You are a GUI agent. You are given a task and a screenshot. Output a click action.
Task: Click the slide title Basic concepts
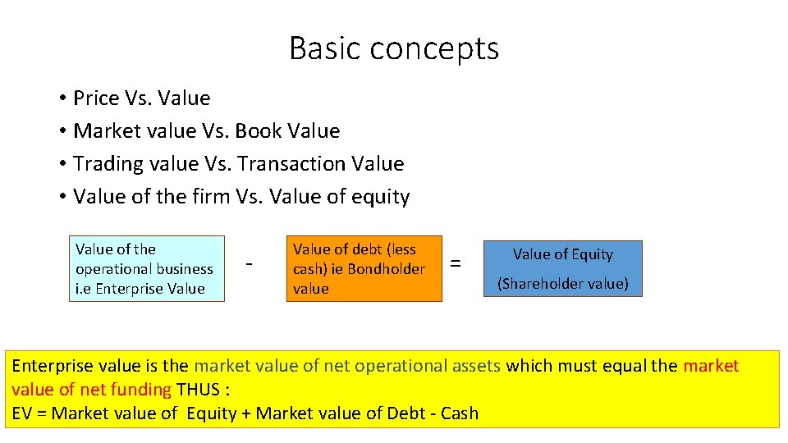point(394,49)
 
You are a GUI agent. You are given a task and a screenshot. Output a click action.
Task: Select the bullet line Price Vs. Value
point(141,98)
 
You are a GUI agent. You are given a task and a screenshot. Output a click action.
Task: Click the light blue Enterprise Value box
point(146,269)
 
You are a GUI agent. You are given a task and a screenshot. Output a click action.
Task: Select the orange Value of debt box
point(364,269)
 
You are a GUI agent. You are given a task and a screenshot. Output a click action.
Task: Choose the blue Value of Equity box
point(563,268)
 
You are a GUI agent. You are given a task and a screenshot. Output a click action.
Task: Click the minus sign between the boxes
point(250,264)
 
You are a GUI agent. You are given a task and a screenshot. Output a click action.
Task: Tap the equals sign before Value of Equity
point(456,264)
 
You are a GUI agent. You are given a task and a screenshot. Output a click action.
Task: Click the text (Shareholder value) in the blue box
point(563,284)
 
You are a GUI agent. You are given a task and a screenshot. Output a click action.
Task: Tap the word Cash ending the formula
point(459,413)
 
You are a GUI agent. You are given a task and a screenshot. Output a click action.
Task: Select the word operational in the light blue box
point(112,269)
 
